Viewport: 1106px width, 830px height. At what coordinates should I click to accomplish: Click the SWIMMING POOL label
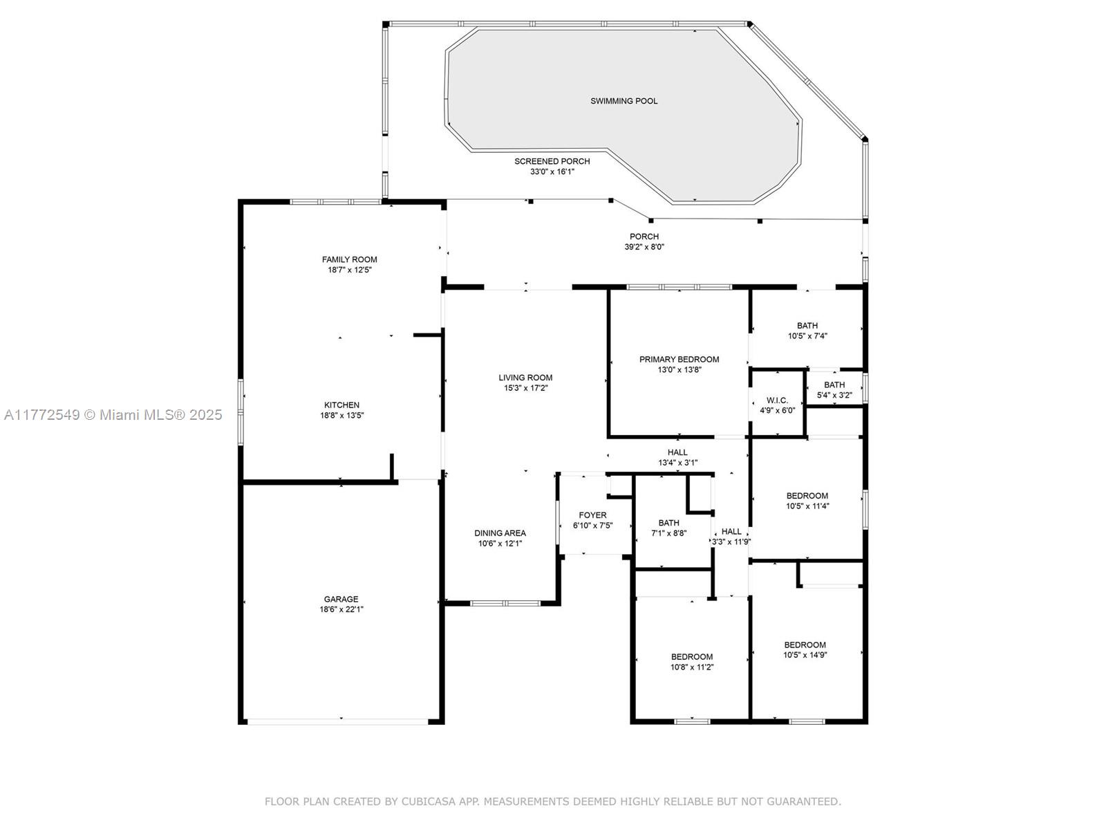pyautogui.click(x=624, y=101)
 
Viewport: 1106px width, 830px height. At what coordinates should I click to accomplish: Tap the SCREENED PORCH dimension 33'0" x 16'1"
pyautogui.click(x=552, y=172)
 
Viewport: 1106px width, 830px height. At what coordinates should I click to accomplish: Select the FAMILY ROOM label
pyautogui.click(x=349, y=259)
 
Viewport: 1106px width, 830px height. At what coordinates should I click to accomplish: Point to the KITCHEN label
pyautogui.click(x=341, y=405)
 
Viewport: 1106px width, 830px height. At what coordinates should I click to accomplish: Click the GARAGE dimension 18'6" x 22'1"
pyautogui.click(x=341, y=609)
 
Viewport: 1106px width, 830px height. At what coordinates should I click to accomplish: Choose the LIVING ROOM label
pyautogui.click(x=525, y=378)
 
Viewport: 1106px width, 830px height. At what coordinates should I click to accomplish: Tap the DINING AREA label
pyautogui.click(x=500, y=533)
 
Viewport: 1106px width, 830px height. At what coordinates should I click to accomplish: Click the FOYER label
pyautogui.click(x=592, y=515)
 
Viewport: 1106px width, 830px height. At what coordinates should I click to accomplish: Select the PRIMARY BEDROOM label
pyautogui.click(x=679, y=359)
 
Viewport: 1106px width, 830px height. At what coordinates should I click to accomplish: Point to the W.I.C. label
pyautogui.click(x=777, y=400)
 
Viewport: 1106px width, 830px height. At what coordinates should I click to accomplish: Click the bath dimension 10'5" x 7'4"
pyautogui.click(x=807, y=336)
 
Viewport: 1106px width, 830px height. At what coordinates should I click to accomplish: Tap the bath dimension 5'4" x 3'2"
pyautogui.click(x=834, y=395)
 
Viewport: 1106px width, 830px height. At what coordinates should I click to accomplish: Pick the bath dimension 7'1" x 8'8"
pyautogui.click(x=668, y=533)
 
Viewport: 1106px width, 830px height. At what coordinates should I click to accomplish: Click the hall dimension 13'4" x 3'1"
pyautogui.click(x=677, y=463)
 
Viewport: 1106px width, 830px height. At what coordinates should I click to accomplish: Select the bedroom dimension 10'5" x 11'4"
pyautogui.click(x=807, y=506)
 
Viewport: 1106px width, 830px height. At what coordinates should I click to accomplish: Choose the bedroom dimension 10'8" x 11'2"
pyautogui.click(x=692, y=667)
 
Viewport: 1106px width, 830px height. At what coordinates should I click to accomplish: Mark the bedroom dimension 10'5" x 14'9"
pyautogui.click(x=805, y=655)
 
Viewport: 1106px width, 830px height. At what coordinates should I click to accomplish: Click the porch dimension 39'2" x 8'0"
pyautogui.click(x=644, y=247)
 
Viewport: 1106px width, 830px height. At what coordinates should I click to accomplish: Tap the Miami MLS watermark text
pyautogui.click(x=113, y=415)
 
